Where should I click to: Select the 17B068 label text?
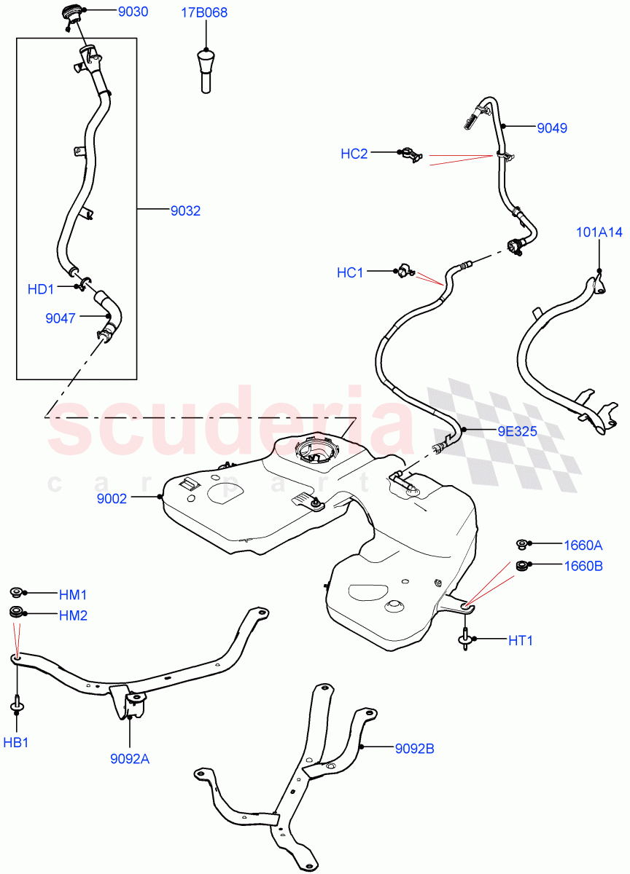pyautogui.click(x=206, y=12)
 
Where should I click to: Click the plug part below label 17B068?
pyautogui.click(x=206, y=68)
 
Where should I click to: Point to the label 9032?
pyautogui.click(x=185, y=211)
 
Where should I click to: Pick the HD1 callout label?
pyautogui.click(x=41, y=289)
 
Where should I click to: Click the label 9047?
pyautogui.click(x=60, y=318)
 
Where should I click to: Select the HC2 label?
pyautogui.click(x=354, y=154)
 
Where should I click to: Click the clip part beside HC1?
pyautogui.click(x=405, y=272)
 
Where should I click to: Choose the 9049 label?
pyautogui.click(x=552, y=128)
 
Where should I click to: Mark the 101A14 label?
pyautogui.click(x=599, y=233)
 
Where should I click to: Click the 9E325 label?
pyautogui.click(x=517, y=431)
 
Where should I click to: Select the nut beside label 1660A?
pyautogui.click(x=521, y=543)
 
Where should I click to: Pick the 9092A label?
pyautogui.click(x=129, y=758)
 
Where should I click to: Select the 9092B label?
pyautogui.click(x=414, y=748)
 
